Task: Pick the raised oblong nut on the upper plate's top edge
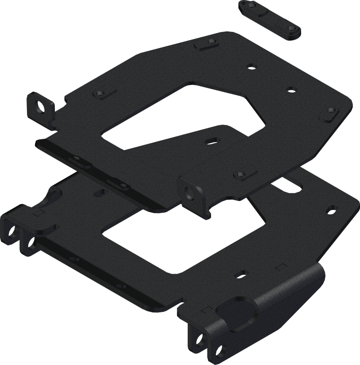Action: (206, 45)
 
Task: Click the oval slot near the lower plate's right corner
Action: (332, 209)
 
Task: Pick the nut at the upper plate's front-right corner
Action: (240, 173)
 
